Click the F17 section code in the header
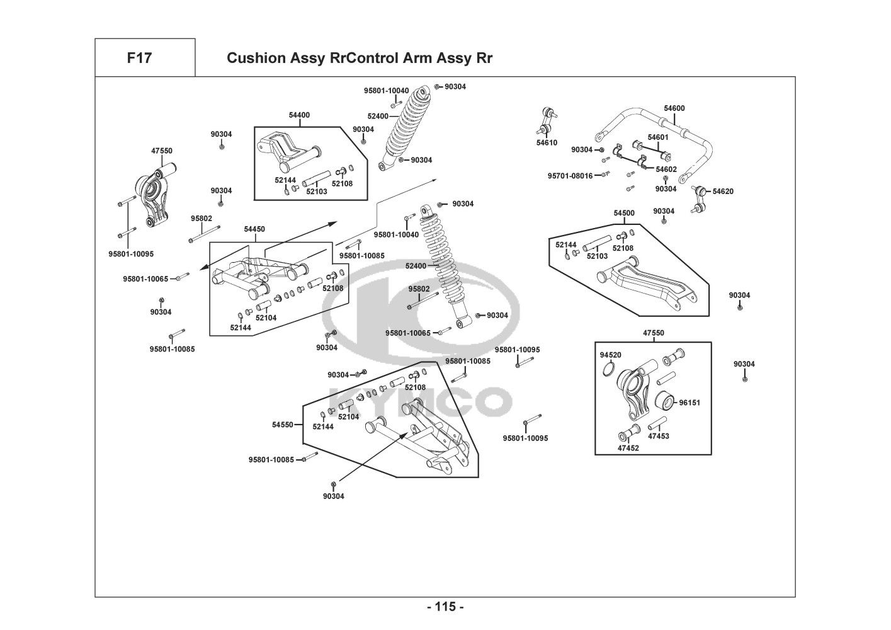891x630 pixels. (139, 58)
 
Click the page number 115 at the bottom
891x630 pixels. (445, 607)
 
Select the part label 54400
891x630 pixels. (299, 115)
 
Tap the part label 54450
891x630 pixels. (254, 229)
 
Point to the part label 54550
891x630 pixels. (283, 425)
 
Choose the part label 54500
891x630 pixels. (624, 213)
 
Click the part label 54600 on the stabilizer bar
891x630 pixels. (674, 108)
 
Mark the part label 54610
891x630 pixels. (547, 143)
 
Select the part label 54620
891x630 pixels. (723, 191)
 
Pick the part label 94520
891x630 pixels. (610, 355)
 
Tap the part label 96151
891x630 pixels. (690, 403)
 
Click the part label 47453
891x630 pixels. (659, 436)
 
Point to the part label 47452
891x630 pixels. (628, 449)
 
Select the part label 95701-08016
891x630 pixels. (570, 176)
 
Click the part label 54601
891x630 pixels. (658, 137)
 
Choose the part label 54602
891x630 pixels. (666, 169)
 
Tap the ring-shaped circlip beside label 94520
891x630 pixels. (608, 369)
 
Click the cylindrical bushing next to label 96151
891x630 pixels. (665, 400)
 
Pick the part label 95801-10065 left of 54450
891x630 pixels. (145, 278)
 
